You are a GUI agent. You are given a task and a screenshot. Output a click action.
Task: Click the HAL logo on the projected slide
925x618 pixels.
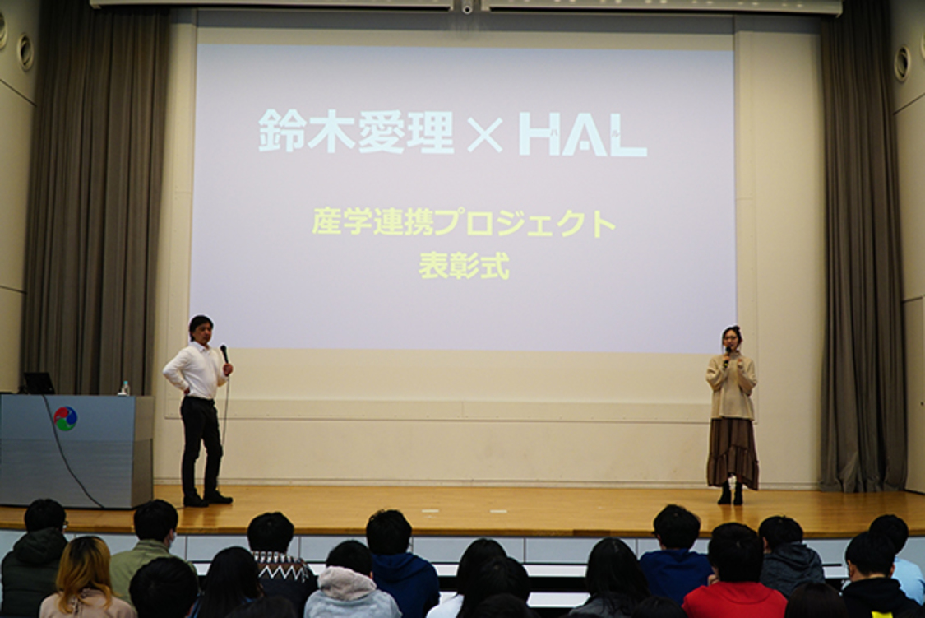pyautogui.click(x=582, y=134)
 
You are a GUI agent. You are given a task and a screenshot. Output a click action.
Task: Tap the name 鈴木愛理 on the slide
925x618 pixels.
pyautogui.click(x=356, y=132)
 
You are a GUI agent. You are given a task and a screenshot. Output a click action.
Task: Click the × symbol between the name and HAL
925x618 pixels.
pyautogui.click(x=484, y=135)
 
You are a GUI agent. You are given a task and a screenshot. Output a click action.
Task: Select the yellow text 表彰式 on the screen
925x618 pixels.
pyautogui.click(x=464, y=266)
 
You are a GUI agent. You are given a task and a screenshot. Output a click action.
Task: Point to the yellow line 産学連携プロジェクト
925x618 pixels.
pyautogui.click(x=464, y=223)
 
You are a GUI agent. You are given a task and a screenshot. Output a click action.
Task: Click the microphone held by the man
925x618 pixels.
pyautogui.click(x=224, y=354)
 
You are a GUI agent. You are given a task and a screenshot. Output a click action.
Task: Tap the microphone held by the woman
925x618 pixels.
pyautogui.click(x=727, y=355)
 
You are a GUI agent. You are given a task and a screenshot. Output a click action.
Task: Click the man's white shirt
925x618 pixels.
pyautogui.click(x=196, y=371)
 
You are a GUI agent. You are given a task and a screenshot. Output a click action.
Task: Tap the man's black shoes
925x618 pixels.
pyautogui.click(x=207, y=499)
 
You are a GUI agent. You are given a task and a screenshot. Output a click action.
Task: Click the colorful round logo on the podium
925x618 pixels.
pyautogui.click(x=65, y=418)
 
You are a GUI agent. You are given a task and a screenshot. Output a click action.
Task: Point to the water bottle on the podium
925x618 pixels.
pyautogui.click(x=125, y=388)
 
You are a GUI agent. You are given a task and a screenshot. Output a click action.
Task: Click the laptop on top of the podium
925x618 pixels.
pyautogui.click(x=38, y=383)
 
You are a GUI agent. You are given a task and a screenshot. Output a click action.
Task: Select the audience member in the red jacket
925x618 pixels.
pyautogui.click(x=734, y=598)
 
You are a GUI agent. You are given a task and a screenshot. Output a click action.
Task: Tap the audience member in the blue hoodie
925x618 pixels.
pyautogui.click(x=403, y=576)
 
